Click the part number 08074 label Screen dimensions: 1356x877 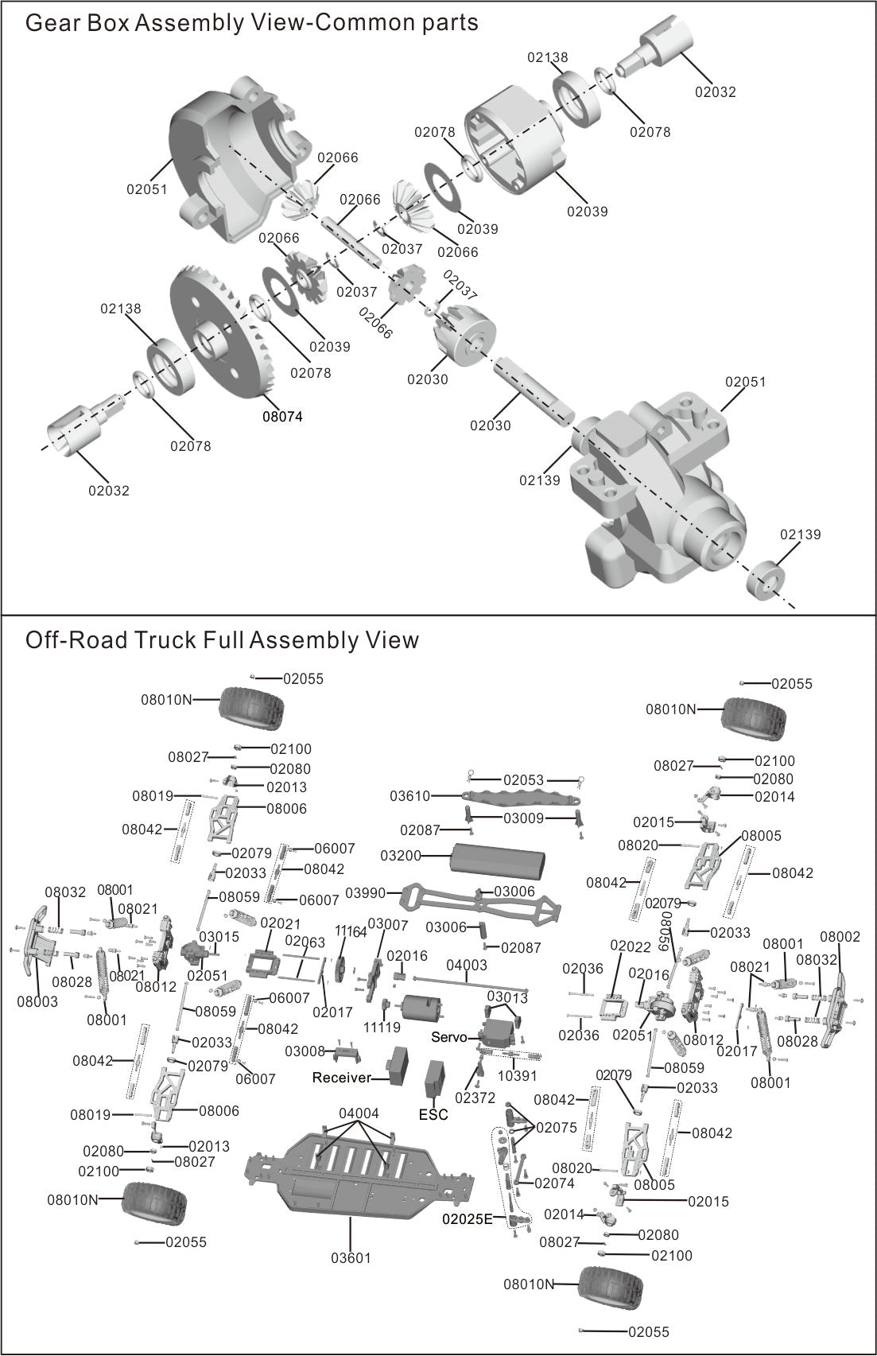coord(282,416)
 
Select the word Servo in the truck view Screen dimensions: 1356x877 coord(448,1037)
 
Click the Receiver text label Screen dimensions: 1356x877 coord(341,1078)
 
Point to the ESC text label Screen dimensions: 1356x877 coord(433,1114)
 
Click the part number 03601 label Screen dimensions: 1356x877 coord(351,1257)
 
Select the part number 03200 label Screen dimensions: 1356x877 coord(401,856)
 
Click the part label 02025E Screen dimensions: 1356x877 coord(468,1218)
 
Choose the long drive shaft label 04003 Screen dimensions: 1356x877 coord(467,965)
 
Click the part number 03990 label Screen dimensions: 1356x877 coord(366,893)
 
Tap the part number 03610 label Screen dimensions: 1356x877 coord(410,796)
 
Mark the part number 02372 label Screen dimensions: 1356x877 coord(475,1098)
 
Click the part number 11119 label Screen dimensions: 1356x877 coord(382,1027)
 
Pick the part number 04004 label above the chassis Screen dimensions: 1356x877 coord(359,1113)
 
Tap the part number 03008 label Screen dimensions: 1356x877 coord(305,1051)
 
